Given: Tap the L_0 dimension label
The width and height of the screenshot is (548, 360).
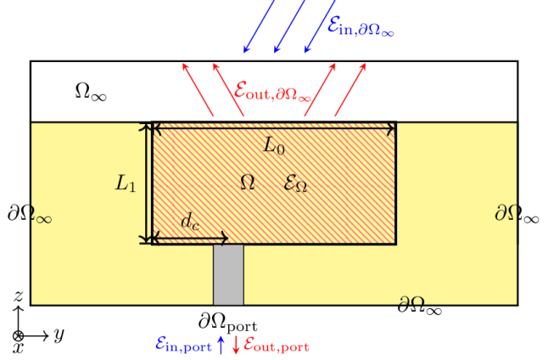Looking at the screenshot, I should (273, 145).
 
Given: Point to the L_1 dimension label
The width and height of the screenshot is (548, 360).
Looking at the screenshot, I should (126, 183).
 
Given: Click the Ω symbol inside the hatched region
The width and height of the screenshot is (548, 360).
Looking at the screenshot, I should (248, 183).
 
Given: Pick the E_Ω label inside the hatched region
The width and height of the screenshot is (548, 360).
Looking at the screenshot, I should (294, 183).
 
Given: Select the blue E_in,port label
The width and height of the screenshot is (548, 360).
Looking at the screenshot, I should (184, 344).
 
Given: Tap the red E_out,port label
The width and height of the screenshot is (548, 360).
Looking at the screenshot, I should (277, 344).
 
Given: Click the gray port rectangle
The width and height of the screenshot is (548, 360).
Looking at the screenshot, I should (228, 274).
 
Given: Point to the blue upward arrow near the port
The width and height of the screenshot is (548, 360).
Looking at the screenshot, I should (221, 344).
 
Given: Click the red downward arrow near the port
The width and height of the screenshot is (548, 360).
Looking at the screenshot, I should (236, 345).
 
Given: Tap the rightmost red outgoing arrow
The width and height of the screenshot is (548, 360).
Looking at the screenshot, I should (350, 88).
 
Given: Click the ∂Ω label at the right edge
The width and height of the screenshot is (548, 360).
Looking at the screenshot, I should (506, 212).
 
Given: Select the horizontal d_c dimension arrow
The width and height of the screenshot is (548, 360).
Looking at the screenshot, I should (190, 239).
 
